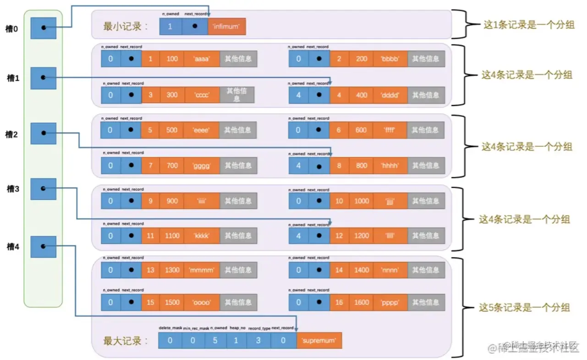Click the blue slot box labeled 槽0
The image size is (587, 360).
point(44,28)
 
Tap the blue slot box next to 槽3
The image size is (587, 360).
point(44,189)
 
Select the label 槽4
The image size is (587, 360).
point(13,247)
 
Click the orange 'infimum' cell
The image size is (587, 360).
point(227,27)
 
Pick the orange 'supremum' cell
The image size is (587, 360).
point(319,341)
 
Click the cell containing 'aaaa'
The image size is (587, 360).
point(202,59)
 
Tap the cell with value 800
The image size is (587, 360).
point(362,166)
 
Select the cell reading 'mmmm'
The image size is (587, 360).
point(202,270)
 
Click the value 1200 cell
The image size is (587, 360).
point(362,236)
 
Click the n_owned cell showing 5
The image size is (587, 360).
point(214,341)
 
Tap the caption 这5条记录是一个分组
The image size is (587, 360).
point(524,307)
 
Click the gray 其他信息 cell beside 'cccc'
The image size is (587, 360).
point(237,95)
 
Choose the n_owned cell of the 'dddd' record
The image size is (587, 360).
point(298,95)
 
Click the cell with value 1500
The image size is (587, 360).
point(172,303)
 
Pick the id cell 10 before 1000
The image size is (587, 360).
point(339,201)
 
